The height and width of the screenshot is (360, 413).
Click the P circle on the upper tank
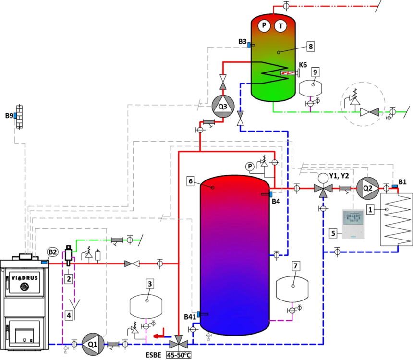[264, 25]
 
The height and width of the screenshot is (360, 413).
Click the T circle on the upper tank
[279, 25]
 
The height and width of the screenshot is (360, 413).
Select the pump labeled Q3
[222, 105]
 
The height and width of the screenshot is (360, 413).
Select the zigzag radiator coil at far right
[396, 219]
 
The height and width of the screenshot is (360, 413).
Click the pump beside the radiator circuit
[367, 187]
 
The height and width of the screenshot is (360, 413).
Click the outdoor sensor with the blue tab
[18, 117]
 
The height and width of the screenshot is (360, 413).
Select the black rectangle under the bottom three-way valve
[178, 355]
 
